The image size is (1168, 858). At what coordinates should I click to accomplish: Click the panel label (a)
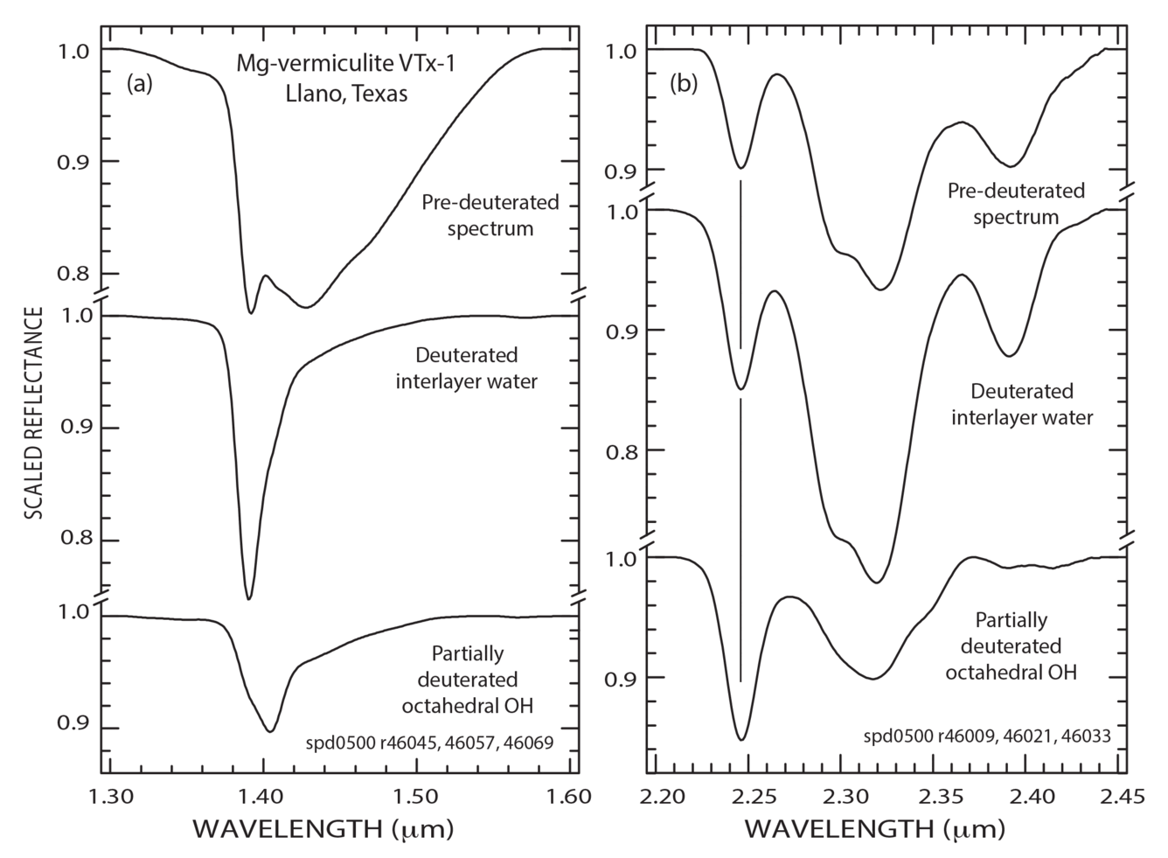pyautogui.click(x=140, y=84)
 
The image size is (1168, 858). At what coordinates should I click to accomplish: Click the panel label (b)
pyautogui.click(x=684, y=84)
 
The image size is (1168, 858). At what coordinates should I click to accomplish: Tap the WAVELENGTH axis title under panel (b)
pyautogui.click(x=874, y=828)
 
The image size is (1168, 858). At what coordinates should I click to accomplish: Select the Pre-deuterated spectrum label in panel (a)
pyautogui.click(x=490, y=216)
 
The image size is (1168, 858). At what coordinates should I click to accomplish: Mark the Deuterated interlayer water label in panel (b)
pyautogui.click(x=1021, y=404)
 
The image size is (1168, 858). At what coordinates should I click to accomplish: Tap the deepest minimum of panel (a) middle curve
pyautogui.click(x=249, y=598)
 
